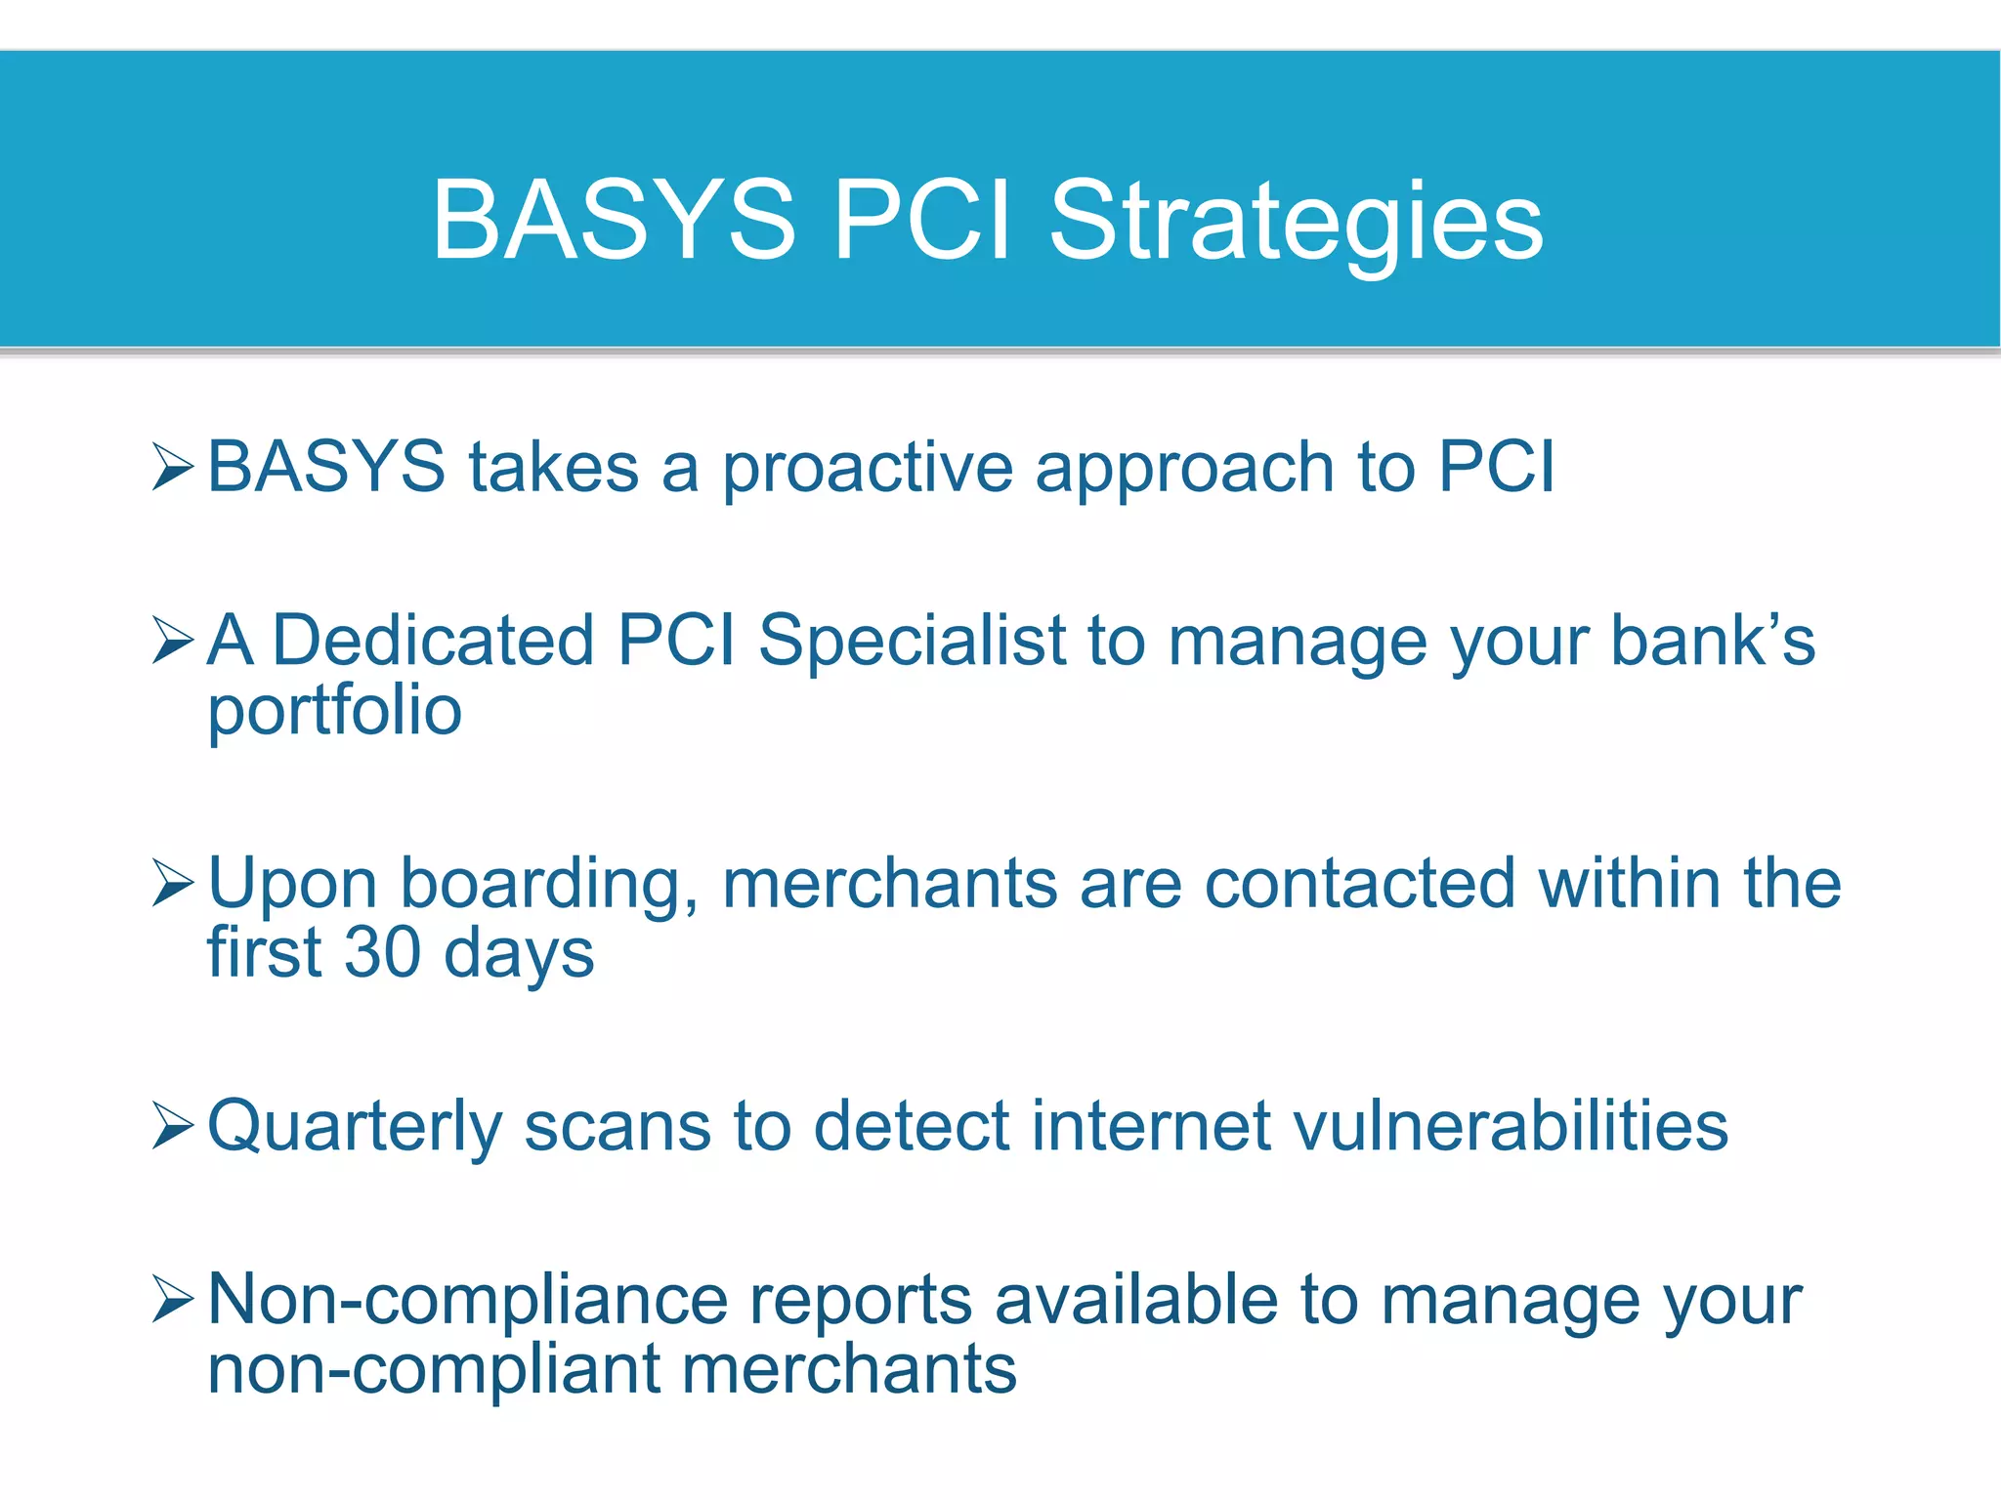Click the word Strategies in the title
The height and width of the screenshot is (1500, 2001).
[x=1295, y=222]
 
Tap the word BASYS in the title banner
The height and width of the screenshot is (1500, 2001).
[x=614, y=222]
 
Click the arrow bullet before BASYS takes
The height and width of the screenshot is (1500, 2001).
[x=173, y=466]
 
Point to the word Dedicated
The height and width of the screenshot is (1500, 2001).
[x=433, y=641]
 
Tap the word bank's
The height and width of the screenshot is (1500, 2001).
[x=1712, y=641]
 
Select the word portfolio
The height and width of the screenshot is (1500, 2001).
[x=334, y=711]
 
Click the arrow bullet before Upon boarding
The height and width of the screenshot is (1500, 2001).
[x=173, y=883]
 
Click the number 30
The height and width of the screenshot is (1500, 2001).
[x=382, y=952]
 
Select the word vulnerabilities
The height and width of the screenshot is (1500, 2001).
[x=1511, y=1126]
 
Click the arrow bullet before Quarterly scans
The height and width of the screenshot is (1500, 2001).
[x=173, y=1126]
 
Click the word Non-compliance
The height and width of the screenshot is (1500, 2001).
[x=468, y=1301]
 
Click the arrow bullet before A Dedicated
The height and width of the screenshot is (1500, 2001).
[x=173, y=641]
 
